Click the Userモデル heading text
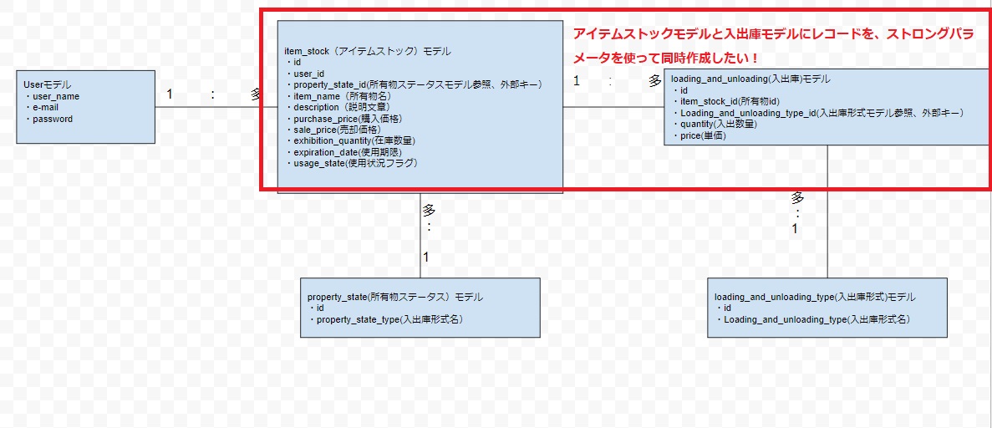point(48,84)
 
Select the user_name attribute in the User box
point(53,96)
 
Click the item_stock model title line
point(368,51)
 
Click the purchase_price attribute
point(344,119)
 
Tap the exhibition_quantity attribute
point(350,140)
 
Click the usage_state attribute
point(352,163)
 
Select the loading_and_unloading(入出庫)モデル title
point(750,79)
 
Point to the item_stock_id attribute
point(730,101)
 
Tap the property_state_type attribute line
point(385,319)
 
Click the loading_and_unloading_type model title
point(815,297)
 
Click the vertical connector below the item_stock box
point(420,236)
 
